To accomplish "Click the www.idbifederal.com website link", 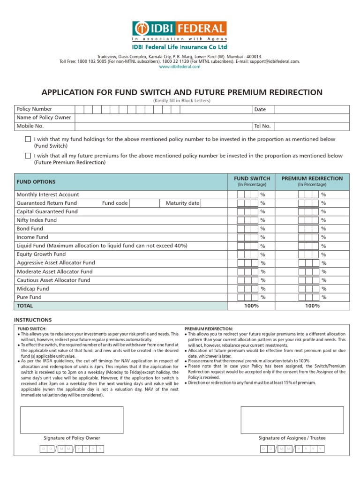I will (180, 67).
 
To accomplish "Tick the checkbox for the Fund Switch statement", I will (28, 140).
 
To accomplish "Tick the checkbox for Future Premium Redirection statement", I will (28, 156).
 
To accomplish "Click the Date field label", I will (260, 109).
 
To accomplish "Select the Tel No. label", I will (262, 126).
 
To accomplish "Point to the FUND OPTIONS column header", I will (36, 182).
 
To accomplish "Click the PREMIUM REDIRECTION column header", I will (312, 179).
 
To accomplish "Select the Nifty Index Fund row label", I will (37, 220).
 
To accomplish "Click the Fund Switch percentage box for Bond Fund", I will (247, 229).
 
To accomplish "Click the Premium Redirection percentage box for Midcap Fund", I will (308, 289).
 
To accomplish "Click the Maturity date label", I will (182, 203).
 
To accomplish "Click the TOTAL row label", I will (25, 306).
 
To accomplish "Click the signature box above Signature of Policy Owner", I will (72, 420).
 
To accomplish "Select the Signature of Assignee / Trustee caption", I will (292, 438).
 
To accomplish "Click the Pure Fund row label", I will (29, 297).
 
